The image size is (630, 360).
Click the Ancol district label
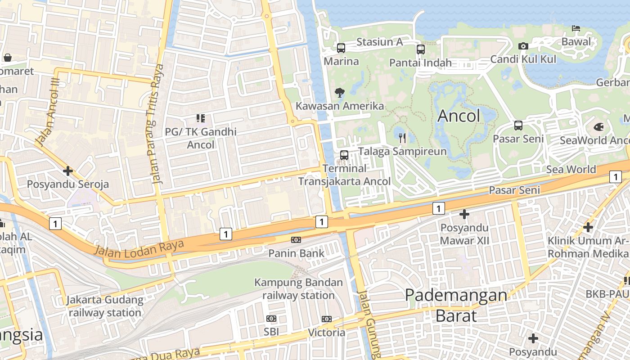pyautogui.click(x=459, y=116)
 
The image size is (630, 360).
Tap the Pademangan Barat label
pyautogui.click(x=456, y=305)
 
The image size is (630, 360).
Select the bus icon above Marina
pyautogui.click(x=341, y=48)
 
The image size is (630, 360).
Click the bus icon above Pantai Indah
pyautogui.click(x=420, y=49)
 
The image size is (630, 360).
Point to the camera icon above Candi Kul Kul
pyautogui.click(x=523, y=46)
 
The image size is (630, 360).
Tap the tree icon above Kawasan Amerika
pyautogui.click(x=339, y=93)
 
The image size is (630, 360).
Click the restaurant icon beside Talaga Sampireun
pyautogui.click(x=402, y=138)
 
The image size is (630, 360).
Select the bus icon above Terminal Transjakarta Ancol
pyautogui.click(x=344, y=155)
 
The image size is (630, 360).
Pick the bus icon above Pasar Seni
pyautogui.click(x=518, y=126)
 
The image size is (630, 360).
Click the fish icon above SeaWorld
pyautogui.click(x=598, y=127)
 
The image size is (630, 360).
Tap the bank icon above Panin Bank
pyautogui.click(x=296, y=240)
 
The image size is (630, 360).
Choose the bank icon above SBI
pyautogui.click(x=271, y=319)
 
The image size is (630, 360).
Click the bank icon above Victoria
pyautogui.click(x=327, y=319)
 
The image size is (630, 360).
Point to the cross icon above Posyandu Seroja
pyautogui.click(x=68, y=171)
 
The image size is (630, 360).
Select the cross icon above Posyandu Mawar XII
pyautogui.click(x=464, y=214)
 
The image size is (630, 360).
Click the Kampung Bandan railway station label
pyautogui.click(x=298, y=289)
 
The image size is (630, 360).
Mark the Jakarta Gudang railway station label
pyautogui.click(x=105, y=306)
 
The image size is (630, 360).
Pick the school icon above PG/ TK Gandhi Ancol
pyautogui.click(x=200, y=118)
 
